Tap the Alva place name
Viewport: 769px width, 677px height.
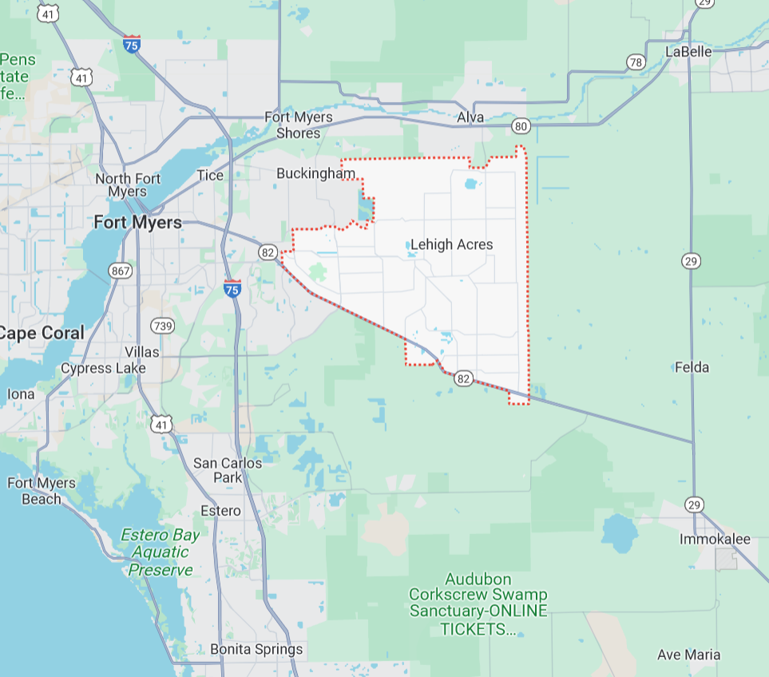470,118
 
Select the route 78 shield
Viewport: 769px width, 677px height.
636,62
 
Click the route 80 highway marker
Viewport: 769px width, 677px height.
521,125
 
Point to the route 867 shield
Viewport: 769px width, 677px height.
121,271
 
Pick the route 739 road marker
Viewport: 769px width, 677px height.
163,326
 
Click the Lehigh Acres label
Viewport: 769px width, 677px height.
451,244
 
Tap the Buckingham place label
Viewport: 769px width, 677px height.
315,173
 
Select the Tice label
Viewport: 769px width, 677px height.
210,176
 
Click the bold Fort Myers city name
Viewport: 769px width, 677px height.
137,222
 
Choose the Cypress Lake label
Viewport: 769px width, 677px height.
103,368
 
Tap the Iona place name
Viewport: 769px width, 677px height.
20,394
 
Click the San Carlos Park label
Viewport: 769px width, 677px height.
228,470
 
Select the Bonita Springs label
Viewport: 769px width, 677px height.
256,649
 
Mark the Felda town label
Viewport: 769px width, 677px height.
692,367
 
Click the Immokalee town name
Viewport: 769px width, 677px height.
715,539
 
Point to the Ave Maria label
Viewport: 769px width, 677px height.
688,655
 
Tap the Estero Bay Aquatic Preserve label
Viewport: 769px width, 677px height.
161,552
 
